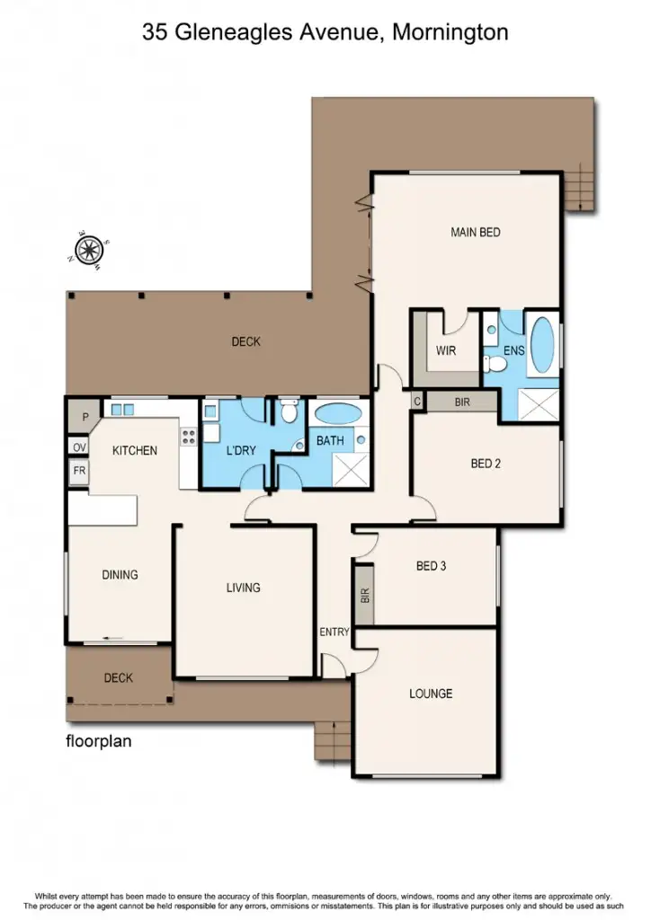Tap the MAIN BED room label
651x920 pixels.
point(475,233)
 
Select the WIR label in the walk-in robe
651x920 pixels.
point(447,350)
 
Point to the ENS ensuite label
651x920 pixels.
point(513,350)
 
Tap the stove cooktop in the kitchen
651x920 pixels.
point(189,437)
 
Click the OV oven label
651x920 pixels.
point(79,447)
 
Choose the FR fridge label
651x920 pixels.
point(79,471)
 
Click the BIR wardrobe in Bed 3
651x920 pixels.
point(364,595)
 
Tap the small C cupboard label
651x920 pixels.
point(418,402)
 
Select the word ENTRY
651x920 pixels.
point(334,632)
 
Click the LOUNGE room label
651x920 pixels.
point(431,694)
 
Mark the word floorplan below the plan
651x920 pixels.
point(99,742)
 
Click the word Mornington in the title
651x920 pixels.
point(450,33)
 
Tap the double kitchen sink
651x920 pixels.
point(122,410)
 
